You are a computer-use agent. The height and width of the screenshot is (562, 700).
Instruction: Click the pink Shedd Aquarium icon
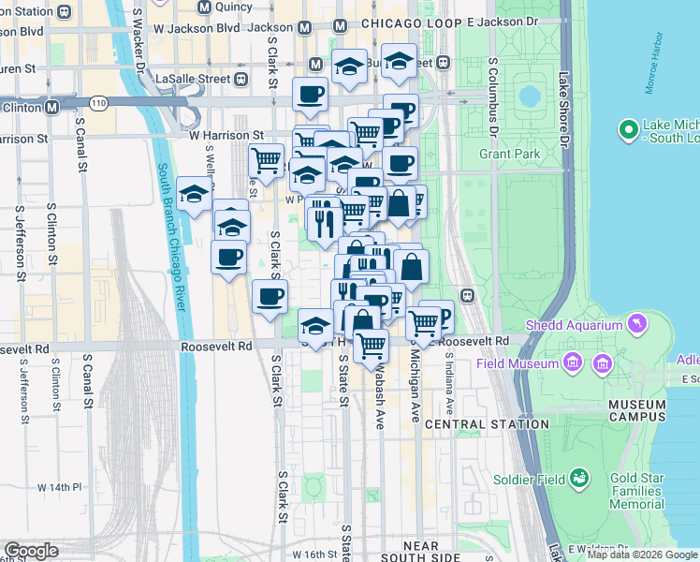[637, 324]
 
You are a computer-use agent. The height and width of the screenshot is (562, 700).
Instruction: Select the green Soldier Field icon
[580, 480]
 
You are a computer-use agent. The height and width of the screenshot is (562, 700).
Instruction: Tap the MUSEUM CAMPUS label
[636, 410]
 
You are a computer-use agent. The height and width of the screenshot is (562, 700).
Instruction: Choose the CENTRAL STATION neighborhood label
[487, 424]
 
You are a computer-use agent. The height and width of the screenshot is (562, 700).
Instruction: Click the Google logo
[31, 551]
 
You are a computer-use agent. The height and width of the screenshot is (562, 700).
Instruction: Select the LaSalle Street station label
[197, 80]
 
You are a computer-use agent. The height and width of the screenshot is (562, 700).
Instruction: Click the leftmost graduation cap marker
[194, 194]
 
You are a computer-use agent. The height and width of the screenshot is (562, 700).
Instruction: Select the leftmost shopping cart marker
[267, 159]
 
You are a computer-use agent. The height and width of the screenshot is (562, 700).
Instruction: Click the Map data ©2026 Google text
[642, 555]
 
